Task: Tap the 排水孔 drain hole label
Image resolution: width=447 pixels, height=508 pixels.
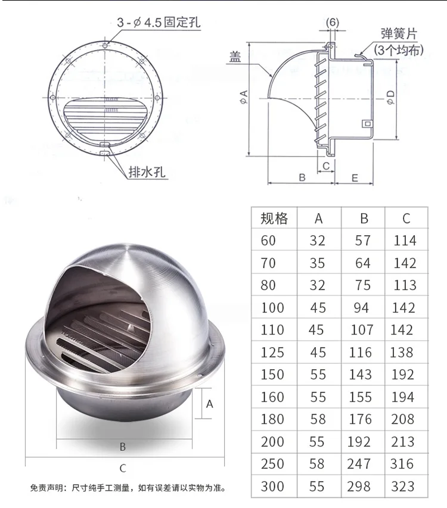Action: tap(147, 173)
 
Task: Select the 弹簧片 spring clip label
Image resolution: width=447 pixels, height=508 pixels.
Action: tap(399, 33)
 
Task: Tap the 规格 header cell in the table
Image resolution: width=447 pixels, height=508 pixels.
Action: tap(274, 219)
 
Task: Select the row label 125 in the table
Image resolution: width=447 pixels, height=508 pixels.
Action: tap(272, 352)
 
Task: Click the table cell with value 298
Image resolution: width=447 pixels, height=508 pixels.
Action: tap(361, 485)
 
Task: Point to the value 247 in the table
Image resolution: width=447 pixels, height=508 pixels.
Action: tap(361, 463)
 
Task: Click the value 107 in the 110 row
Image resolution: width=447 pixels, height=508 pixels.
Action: tap(361, 330)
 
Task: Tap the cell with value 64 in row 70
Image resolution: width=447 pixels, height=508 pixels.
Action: tap(363, 263)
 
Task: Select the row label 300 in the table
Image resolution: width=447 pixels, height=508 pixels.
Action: tap(272, 485)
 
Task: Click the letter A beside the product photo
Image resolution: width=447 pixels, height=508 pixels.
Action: tap(209, 403)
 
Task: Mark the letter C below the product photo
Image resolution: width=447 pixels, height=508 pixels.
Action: tap(123, 469)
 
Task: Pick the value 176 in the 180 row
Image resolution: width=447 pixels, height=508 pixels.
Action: tap(361, 419)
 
